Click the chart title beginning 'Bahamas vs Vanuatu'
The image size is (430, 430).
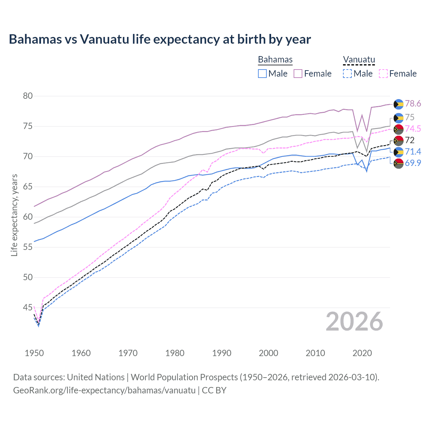(160, 39)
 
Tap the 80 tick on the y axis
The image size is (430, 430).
(28, 96)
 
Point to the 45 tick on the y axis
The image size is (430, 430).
(28, 308)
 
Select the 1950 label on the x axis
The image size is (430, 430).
(34, 353)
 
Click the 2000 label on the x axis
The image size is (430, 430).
(268, 353)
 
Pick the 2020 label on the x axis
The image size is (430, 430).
(362, 353)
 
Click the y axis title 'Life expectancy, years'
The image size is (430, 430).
(14, 215)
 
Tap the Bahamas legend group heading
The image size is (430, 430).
(275, 59)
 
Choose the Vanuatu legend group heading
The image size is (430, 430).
(359, 59)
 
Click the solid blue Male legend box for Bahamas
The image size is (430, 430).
(262, 74)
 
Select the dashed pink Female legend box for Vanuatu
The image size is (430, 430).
(383, 74)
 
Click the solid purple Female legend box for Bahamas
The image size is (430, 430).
(298, 74)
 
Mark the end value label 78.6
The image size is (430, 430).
(413, 104)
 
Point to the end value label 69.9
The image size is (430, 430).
(413, 163)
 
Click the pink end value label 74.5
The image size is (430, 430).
(413, 129)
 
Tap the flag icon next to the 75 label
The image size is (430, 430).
(398, 118)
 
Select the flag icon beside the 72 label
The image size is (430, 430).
(398, 140)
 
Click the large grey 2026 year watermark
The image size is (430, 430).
(354, 322)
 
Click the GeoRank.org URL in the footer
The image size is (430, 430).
(104, 390)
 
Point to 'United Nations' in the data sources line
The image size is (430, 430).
(96, 377)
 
